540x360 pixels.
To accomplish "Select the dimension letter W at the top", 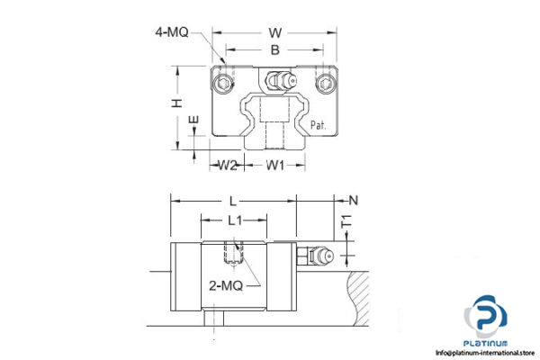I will click(x=274, y=34).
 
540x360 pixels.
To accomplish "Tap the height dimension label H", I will click(x=178, y=104).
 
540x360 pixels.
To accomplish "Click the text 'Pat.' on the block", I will click(x=319, y=126).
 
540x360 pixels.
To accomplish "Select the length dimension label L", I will click(x=233, y=202).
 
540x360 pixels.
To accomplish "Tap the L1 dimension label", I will click(x=234, y=219).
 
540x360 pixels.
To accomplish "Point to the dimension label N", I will click(x=353, y=201).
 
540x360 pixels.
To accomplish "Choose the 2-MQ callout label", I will click(x=225, y=286).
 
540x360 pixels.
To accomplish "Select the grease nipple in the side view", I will click(x=319, y=257).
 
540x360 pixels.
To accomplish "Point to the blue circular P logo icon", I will click(x=487, y=317).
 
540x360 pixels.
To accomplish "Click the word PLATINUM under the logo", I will click(x=487, y=342).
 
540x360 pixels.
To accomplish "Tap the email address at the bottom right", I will click(x=485, y=352).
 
